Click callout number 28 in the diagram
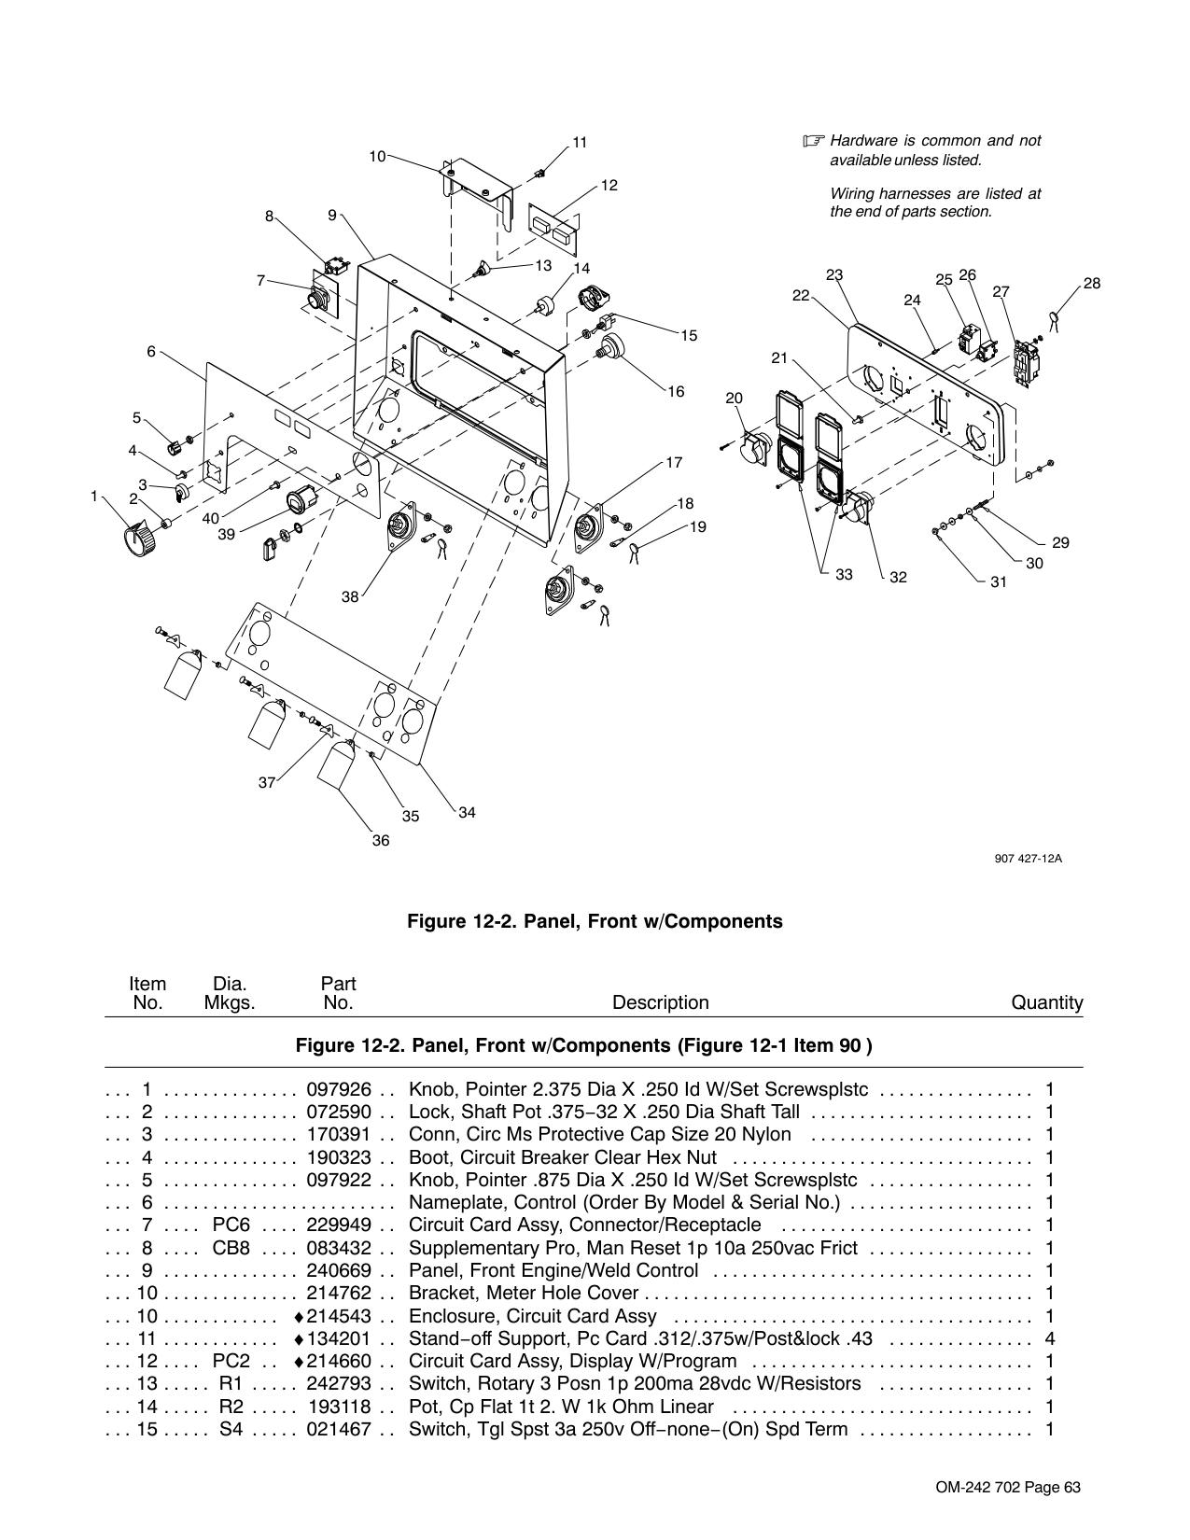click(x=1092, y=283)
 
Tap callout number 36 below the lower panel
click(x=381, y=841)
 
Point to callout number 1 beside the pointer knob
click(x=94, y=497)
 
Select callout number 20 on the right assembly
click(x=734, y=399)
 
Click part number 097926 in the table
click(x=339, y=1089)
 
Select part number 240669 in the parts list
click(x=339, y=1270)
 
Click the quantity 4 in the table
click(x=1050, y=1338)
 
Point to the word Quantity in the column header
click(x=1047, y=1002)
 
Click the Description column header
click(x=660, y=1002)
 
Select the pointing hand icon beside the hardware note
click(x=814, y=142)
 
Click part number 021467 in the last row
click(x=339, y=1429)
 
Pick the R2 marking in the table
click(x=231, y=1407)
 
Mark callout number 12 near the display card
click(x=609, y=186)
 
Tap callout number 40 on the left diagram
click(x=211, y=518)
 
